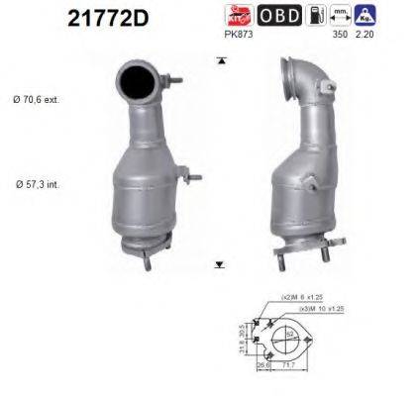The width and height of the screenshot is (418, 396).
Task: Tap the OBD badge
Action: tap(280, 16)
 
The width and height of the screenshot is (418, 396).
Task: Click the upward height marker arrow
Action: tap(219, 61)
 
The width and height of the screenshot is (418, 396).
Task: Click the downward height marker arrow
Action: tap(219, 265)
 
